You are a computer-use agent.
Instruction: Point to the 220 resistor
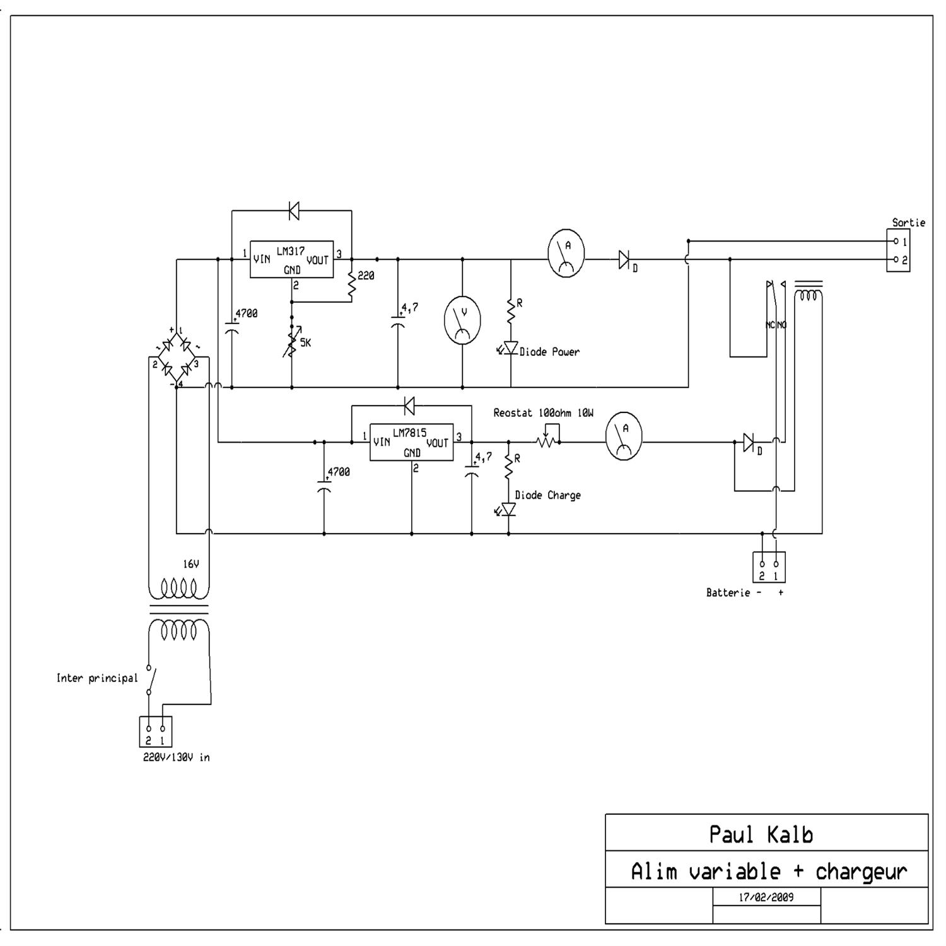click(352, 283)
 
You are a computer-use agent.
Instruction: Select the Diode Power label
click(549, 352)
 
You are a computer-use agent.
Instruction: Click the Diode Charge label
click(547, 495)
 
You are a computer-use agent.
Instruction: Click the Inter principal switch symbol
click(151, 679)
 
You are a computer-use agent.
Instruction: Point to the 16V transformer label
click(191, 564)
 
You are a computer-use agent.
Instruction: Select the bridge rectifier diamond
click(177, 357)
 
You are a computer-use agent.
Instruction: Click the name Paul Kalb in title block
click(761, 834)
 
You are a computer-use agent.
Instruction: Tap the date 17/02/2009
click(766, 897)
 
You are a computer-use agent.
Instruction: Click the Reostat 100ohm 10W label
click(543, 413)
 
